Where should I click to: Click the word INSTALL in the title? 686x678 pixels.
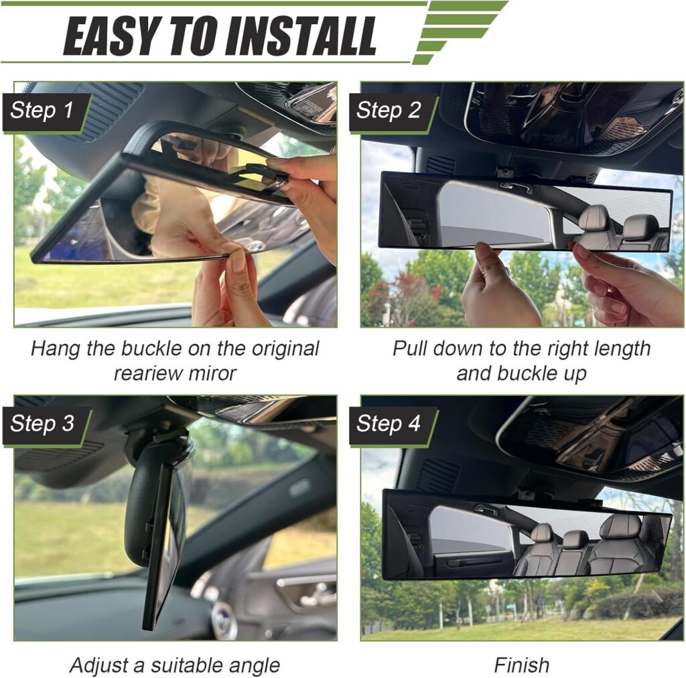(301, 36)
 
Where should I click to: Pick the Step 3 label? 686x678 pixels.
(42, 423)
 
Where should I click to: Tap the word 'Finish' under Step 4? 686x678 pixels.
(521, 665)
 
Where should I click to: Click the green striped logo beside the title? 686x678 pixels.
(460, 31)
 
